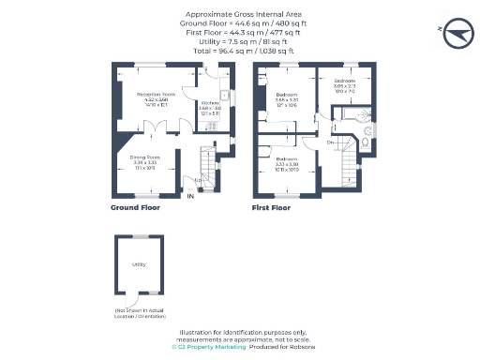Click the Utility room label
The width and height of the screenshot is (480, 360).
(x=138, y=264)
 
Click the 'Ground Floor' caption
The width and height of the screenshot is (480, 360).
(x=135, y=207)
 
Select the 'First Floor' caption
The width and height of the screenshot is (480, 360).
(x=273, y=207)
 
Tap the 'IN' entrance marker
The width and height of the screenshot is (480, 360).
(x=190, y=196)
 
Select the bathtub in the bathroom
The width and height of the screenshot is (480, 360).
(x=352, y=115)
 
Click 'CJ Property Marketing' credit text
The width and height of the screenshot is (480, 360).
(x=208, y=347)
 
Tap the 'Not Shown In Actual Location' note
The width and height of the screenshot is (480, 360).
(x=138, y=310)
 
